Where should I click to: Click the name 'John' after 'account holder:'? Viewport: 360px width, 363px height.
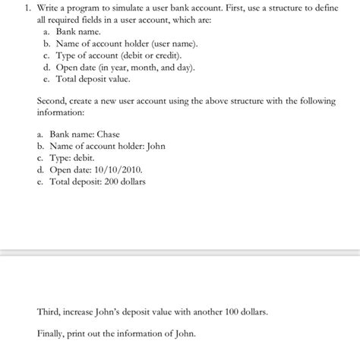(155, 146)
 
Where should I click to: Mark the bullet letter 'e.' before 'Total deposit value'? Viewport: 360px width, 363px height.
(47, 78)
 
